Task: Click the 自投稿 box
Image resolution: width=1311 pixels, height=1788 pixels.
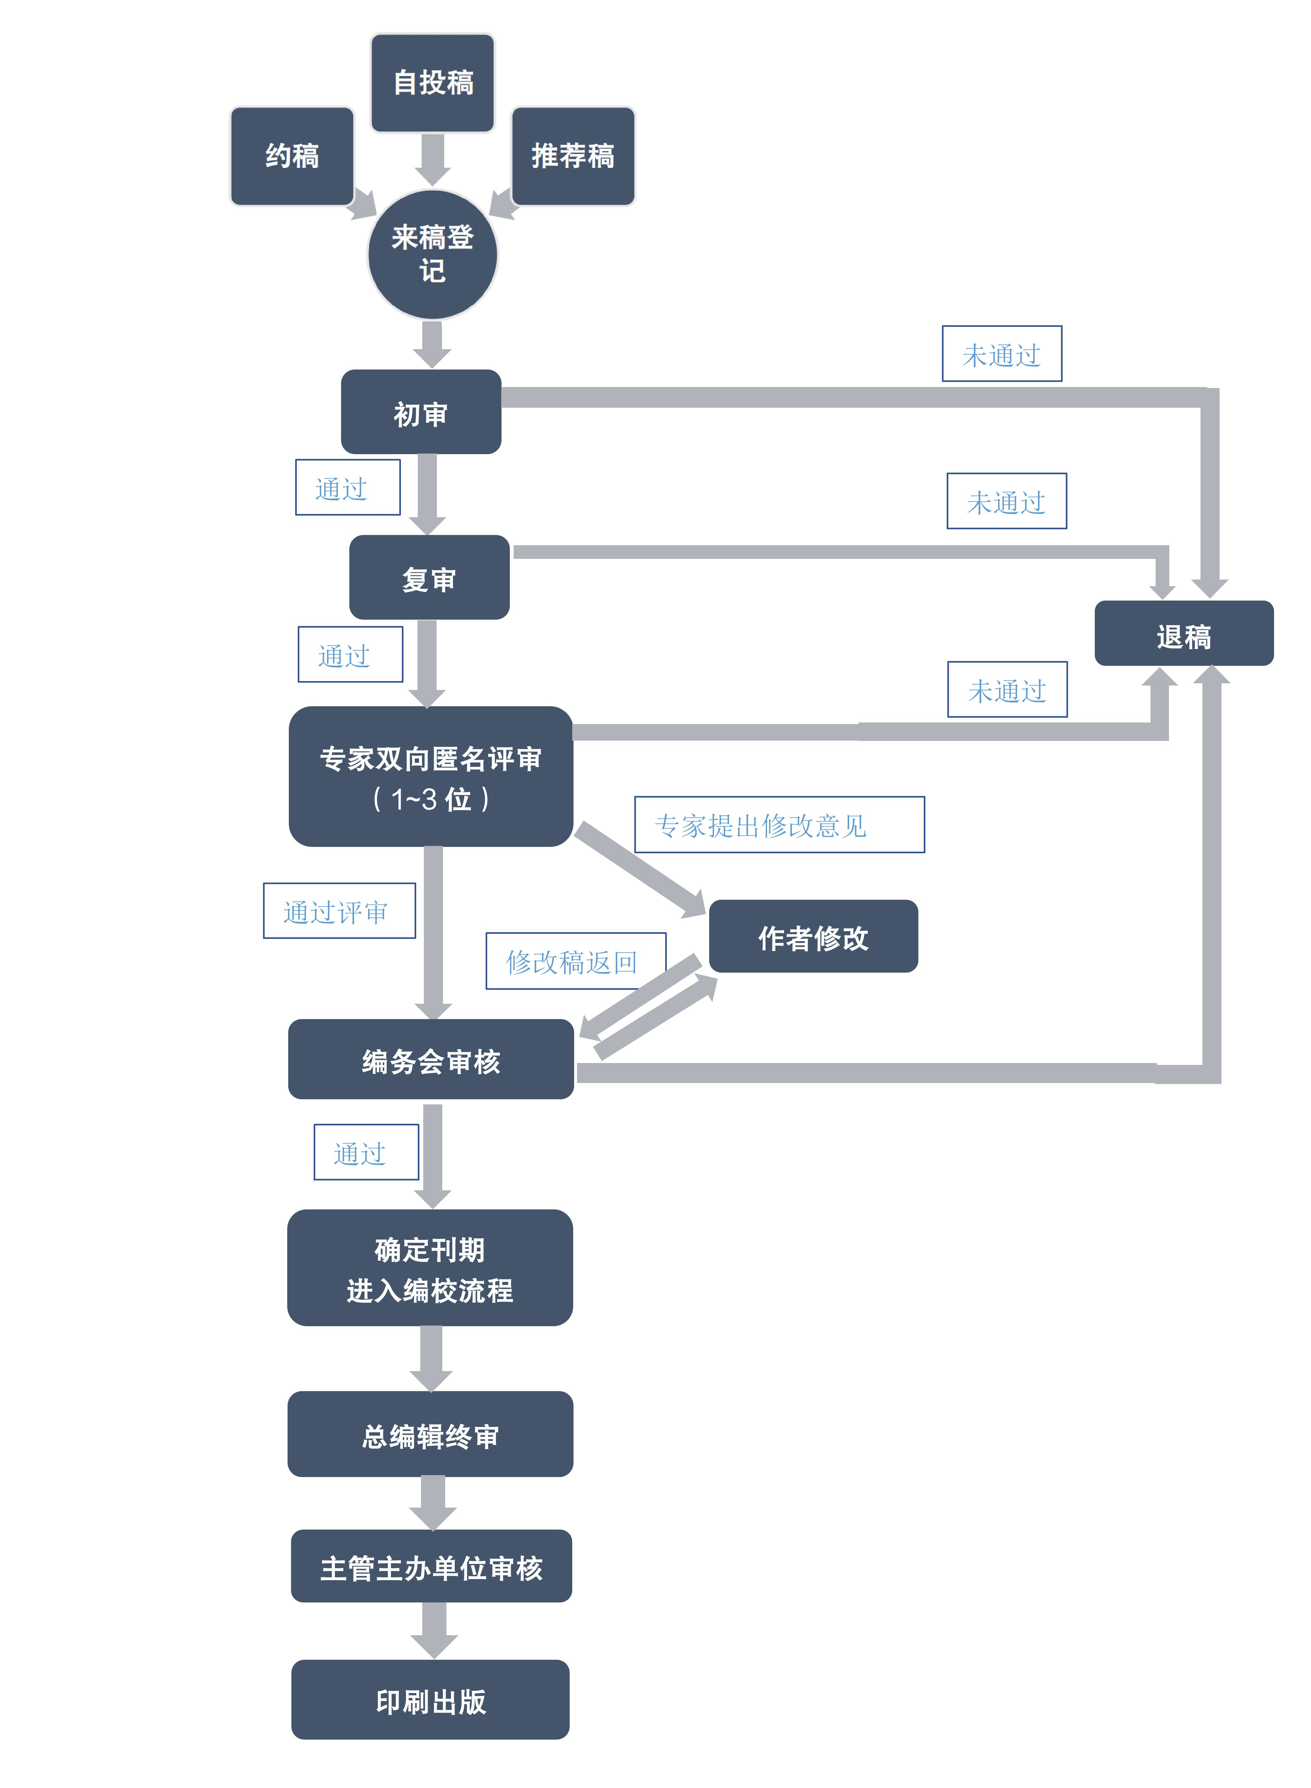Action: [432, 82]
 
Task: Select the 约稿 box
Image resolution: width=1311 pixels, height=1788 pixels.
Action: [292, 156]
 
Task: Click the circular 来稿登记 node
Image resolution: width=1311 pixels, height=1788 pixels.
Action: [432, 255]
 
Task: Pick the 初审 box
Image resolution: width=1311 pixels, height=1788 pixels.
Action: [421, 412]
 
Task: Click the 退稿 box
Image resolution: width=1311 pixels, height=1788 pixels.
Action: [1183, 634]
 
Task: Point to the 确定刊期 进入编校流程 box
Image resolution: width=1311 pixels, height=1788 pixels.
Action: [430, 1268]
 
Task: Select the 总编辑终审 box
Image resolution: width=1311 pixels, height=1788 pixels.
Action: [430, 1434]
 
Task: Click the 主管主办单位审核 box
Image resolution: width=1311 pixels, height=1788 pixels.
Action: [431, 1567]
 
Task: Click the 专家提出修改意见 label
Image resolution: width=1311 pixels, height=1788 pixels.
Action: [779, 825]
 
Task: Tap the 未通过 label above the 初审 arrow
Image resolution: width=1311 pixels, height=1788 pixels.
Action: [1001, 354]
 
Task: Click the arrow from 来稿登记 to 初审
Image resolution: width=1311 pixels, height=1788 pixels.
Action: [432, 343]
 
